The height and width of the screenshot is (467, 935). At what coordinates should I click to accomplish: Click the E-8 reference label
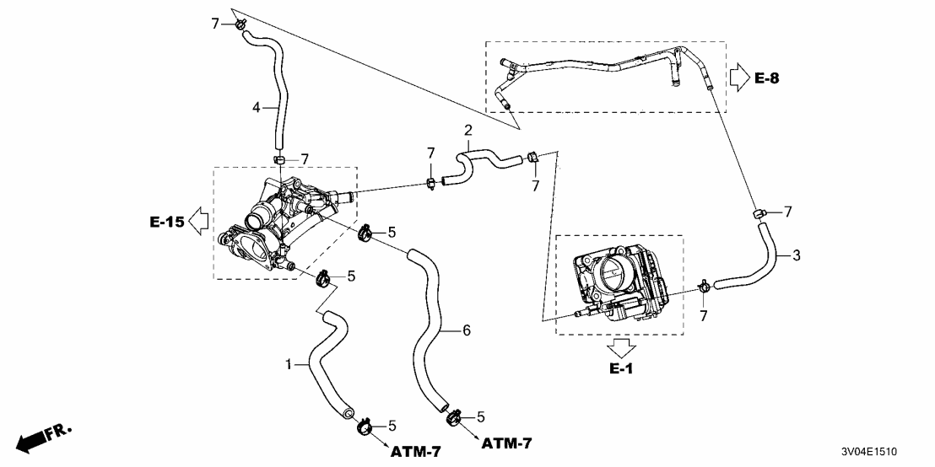pyautogui.click(x=766, y=78)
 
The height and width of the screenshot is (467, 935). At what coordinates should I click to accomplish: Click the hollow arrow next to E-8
pyautogui.click(x=738, y=78)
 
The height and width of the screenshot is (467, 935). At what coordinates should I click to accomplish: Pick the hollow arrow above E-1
pyautogui.click(x=623, y=346)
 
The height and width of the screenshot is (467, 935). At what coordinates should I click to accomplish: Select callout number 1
pyautogui.click(x=289, y=365)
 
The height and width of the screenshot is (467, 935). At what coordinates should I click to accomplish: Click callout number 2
pyautogui.click(x=467, y=130)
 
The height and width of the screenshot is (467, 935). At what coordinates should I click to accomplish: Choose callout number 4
pyautogui.click(x=257, y=107)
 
